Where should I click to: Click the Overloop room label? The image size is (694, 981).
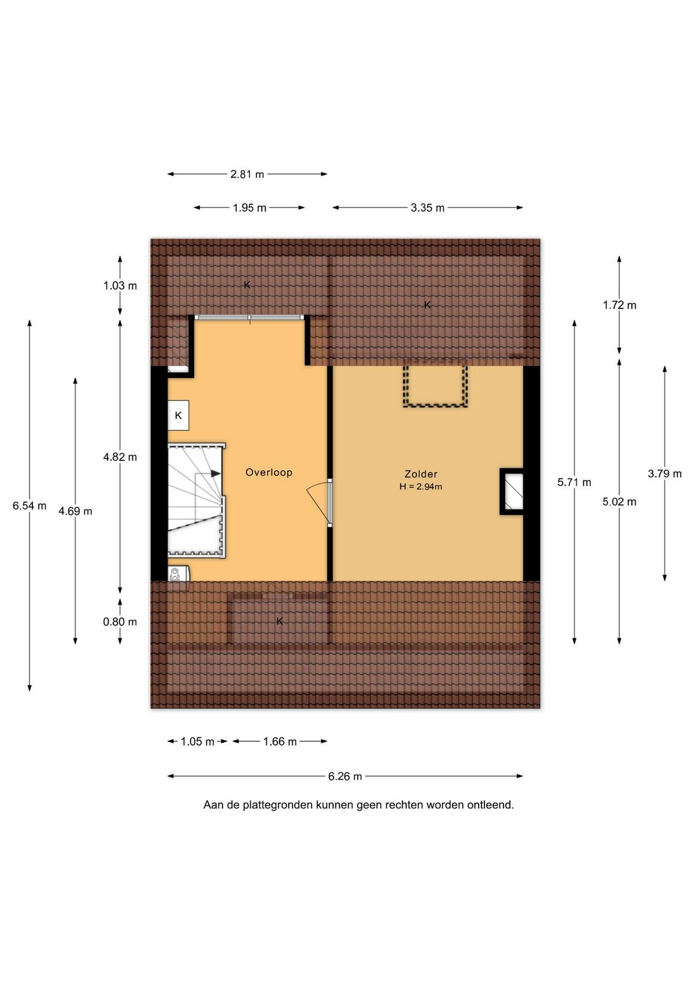[x=269, y=472]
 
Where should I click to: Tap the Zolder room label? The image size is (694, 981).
[x=421, y=474]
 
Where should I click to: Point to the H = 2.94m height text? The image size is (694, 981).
[x=421, y=486]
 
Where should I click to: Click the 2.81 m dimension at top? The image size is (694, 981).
[x=248, y=174]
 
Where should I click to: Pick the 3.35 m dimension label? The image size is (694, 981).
[x=427, y=208]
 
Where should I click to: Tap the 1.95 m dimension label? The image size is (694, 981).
[x=249, y=208]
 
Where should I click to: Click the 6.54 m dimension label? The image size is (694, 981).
[x=29, y=506]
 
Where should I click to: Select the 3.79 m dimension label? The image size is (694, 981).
[x=665, y=473]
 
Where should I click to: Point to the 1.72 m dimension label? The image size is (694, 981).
[x=620, y=305]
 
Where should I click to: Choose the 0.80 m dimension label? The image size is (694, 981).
[x=120, y=622]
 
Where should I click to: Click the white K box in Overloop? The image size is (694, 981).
[x=178, y=415]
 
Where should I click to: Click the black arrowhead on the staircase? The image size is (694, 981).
[x=215, y=473]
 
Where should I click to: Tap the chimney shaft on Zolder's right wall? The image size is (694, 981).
[x=512, y=492]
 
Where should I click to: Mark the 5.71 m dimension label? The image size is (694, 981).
[x=574, y=483]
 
